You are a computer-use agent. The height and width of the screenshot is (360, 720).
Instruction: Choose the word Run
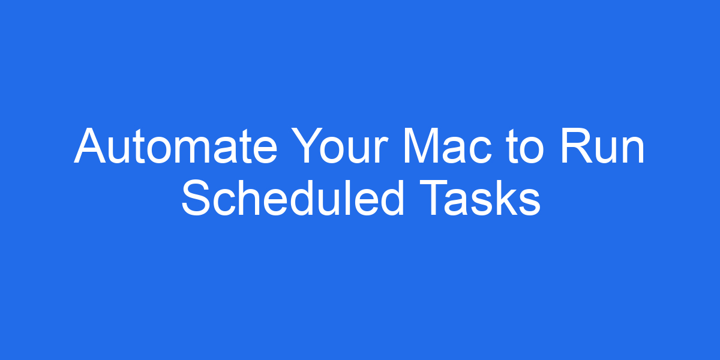point(603,147)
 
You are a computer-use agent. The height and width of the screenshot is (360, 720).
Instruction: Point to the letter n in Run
point(632,150)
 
